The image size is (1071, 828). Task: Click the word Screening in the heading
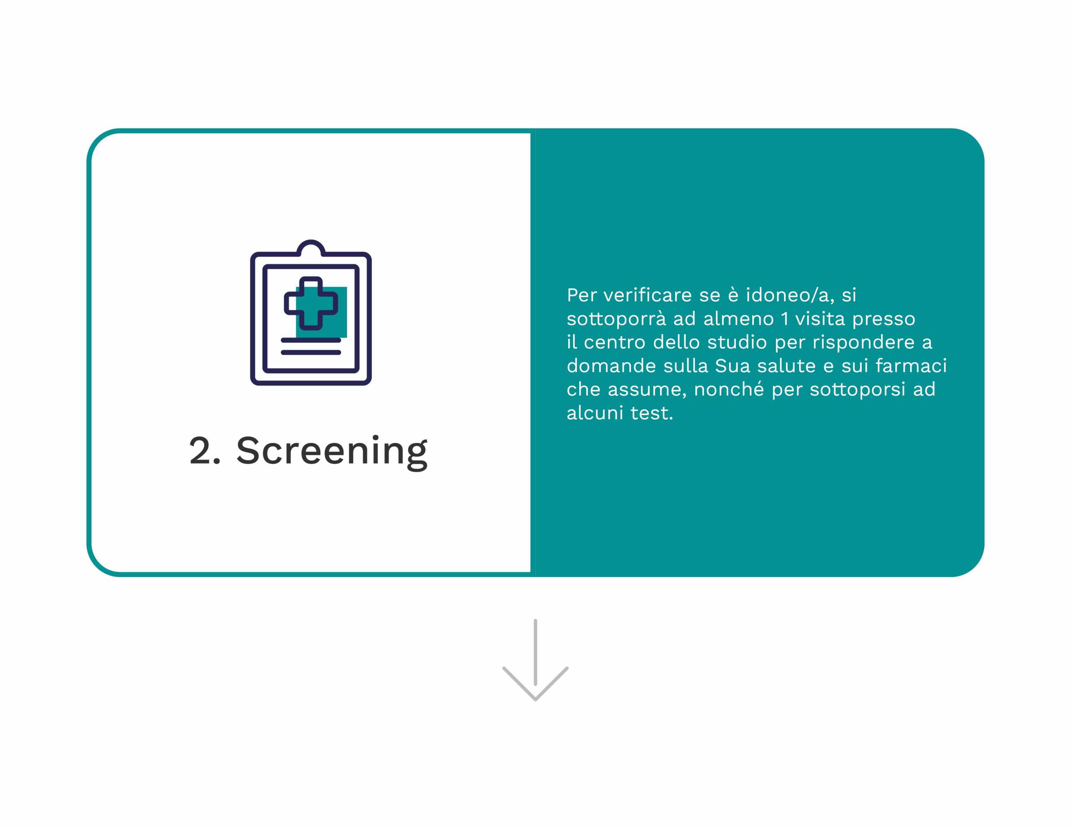click(332, 452)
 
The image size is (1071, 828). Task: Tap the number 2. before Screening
click(205, 450)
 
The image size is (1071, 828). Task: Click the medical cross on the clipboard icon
click(311, 304)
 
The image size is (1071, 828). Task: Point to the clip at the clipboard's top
click(311, 248)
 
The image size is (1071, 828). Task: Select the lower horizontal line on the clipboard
click(311, 353)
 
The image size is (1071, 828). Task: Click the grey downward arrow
click(535, 660)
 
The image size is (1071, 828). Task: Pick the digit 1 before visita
click(784, 319)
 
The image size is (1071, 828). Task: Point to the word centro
click(615, 342)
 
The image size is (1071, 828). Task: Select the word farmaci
click(911, 366)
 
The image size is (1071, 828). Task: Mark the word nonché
click(729, 389)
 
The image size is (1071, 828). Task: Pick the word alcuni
click(595, 413)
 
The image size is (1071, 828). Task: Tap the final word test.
click(652, 413)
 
